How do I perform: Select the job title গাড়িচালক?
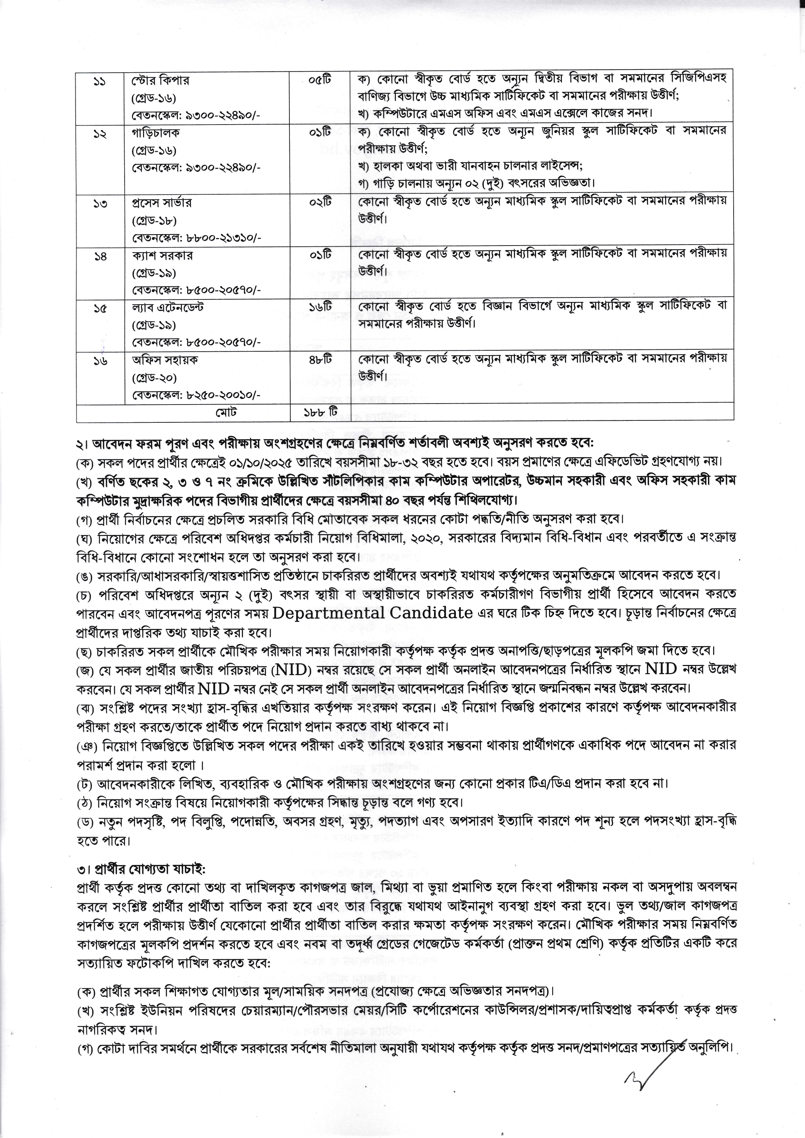[156, 133]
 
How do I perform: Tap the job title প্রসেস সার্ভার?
[162, 203]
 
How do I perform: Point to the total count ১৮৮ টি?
[320, 412]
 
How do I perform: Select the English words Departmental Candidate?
[372, 613]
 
